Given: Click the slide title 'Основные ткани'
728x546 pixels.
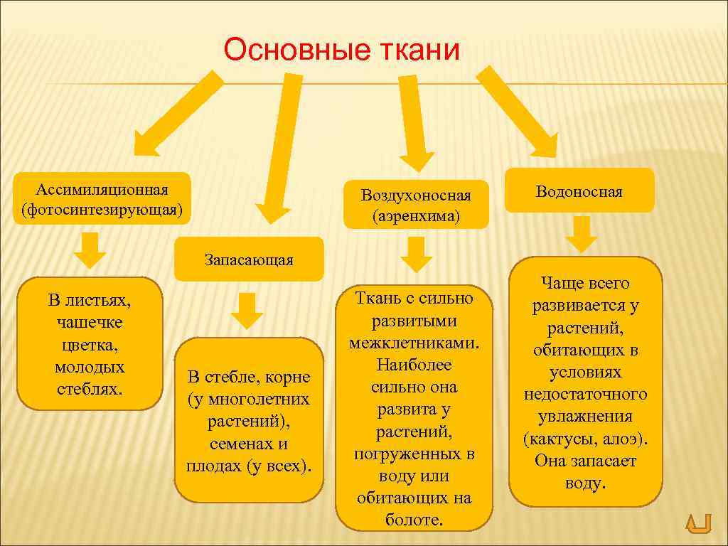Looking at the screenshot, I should click(x=342, y=50).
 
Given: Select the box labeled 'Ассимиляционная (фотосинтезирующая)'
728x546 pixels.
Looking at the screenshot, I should click(x=102, y=200).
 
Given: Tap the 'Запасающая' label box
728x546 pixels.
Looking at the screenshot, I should click(x=249, y=259).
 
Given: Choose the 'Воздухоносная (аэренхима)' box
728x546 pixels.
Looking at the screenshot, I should click(x=416, y=205).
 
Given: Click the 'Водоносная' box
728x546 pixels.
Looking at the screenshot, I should click(x=579, y=191).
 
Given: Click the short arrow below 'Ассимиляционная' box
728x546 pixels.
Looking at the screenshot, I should click(x=90, y=250).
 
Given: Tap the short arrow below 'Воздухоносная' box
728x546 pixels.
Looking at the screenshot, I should click(x=416, y=253).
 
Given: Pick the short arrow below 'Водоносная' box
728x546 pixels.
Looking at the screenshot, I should click(x=584, y=234).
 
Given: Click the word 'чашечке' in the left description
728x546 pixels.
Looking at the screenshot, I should click(x=90, y=323).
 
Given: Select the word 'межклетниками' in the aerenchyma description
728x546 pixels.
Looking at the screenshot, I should click(x=414, y=343).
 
